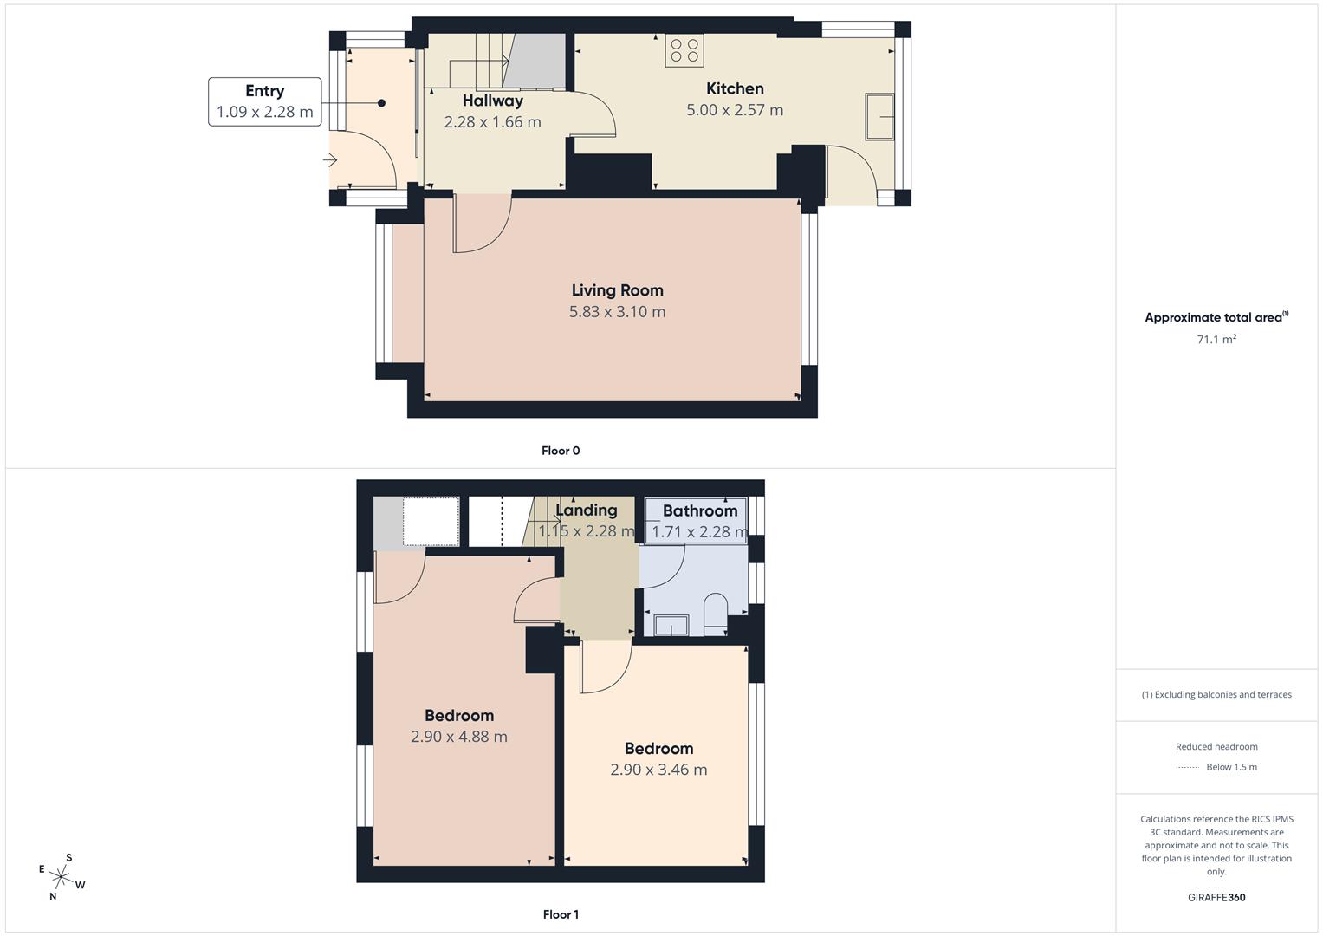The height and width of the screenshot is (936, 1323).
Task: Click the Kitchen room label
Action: [735, 88]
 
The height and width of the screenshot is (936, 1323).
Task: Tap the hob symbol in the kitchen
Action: [684, 51]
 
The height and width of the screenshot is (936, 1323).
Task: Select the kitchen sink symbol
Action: [880, 117]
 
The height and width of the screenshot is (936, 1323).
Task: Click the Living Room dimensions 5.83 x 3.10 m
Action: [617, 312]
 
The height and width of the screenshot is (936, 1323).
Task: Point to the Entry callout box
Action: [264, 101]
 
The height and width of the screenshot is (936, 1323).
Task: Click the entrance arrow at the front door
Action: [330, 160]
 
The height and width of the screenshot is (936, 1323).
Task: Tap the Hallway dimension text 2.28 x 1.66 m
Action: [492, 122]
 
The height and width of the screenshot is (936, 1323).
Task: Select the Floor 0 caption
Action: [561, 451]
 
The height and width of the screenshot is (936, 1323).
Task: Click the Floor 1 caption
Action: [561, 914]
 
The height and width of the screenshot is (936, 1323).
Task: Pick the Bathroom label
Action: [700, 510]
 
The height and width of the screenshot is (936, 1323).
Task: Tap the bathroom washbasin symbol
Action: [671, 625]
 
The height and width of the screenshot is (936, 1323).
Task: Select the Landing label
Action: [587, 510]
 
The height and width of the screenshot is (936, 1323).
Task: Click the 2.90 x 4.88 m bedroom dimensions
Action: [459, 737]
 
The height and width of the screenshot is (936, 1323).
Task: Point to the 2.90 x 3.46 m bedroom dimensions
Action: [658, 770]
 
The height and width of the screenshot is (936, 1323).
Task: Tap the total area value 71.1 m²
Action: [1216, 340]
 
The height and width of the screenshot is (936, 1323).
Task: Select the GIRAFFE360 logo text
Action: [1216, 898]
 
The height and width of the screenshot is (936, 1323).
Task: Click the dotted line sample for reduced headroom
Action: [1188, 767]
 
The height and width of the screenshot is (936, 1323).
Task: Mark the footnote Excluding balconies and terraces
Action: [1216, 694]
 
